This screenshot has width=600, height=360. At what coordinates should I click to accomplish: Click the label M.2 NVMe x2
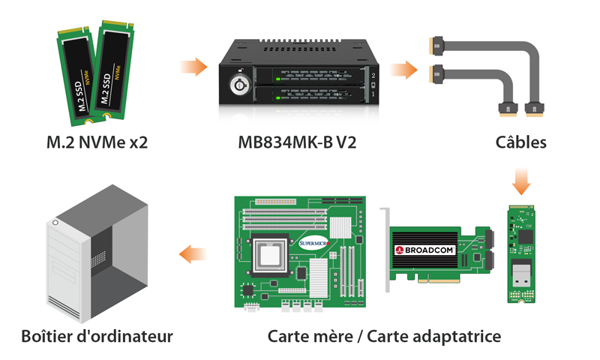97,142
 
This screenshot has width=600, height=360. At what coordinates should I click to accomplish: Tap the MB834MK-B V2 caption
297,142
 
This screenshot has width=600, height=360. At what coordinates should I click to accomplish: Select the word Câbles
520,142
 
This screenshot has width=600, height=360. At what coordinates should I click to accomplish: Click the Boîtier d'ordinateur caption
97,336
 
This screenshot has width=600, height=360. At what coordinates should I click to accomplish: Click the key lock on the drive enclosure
239,85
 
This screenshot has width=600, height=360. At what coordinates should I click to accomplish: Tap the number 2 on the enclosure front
373,76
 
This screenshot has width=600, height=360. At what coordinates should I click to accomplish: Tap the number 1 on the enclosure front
373,94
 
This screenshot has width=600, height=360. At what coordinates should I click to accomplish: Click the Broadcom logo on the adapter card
424,250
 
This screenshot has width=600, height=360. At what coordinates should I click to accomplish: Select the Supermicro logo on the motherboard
313,243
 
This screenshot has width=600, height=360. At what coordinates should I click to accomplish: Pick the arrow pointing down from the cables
521,181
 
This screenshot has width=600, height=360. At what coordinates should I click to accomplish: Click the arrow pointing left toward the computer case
193,254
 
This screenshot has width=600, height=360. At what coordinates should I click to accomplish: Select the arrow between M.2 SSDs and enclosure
194,67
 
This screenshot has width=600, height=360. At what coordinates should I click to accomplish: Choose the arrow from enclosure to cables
404,70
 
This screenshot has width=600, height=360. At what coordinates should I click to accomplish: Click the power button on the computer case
55,223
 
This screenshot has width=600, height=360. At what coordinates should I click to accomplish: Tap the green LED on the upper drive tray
278,79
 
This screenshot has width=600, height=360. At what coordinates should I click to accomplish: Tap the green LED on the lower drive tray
278,98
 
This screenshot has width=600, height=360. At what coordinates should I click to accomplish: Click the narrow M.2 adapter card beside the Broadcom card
521,254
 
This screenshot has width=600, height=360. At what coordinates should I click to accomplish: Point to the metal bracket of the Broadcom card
386,250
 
